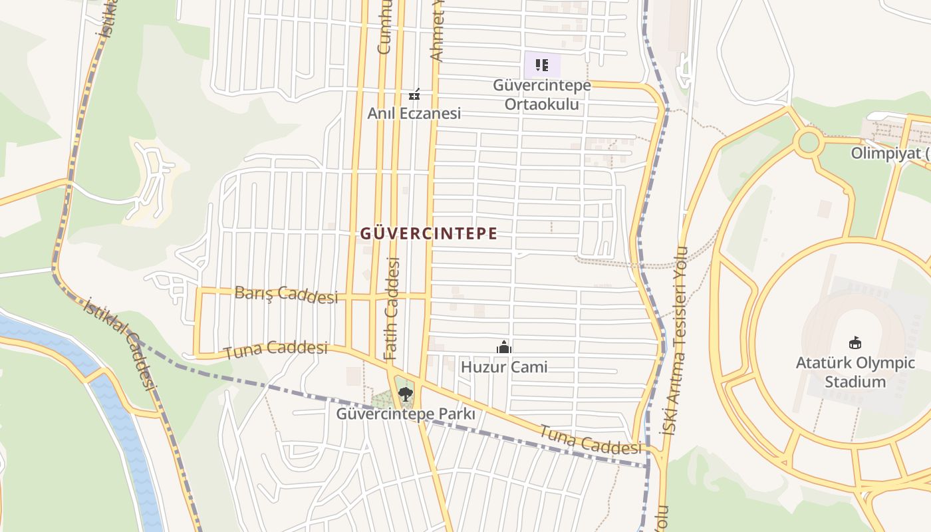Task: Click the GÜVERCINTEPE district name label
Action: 429,233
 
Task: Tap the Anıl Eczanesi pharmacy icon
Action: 414,95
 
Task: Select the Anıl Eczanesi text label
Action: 414,113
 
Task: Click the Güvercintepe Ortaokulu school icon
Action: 542,65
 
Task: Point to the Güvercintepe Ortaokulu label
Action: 542,95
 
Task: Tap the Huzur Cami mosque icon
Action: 504,347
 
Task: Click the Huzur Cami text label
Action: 504,367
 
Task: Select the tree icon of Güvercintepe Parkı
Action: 404,394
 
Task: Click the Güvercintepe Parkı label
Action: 406,414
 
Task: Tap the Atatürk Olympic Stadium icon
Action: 855,343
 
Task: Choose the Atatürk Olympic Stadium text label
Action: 855,372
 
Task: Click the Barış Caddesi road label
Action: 286,294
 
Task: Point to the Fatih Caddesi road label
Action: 392,309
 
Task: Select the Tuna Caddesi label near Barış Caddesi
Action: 276,350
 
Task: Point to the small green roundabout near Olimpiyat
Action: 809,142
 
